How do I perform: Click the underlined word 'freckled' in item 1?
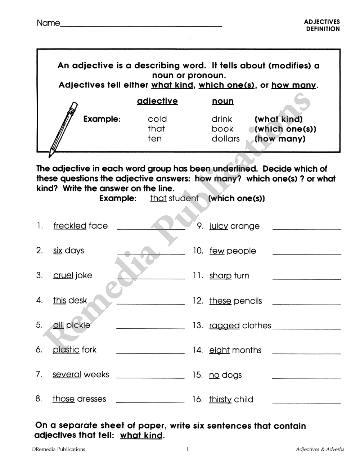(x=69, y=226)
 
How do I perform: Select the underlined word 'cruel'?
(x=63, y=276)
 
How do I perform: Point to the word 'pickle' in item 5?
(x=78, y=325)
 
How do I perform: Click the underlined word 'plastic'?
(x=66, y=350)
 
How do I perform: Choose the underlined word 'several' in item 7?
(x=67, y=375)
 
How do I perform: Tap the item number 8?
(x=39, y=399)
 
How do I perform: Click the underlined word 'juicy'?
(x=219, y=226)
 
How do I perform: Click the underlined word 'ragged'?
(x=224, y=326)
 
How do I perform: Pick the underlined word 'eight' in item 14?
(x=219, y=350)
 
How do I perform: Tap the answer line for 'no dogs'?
(x=306, y=378)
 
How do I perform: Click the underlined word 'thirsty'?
(x=220, y=400)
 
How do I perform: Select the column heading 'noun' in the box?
(x=222, y=102)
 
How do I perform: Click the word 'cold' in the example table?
(x=157, y=119)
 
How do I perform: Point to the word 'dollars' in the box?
(x=225, y=139)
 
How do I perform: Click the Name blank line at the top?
(x=141, y=26)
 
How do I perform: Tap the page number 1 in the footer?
(x=187, y=449)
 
